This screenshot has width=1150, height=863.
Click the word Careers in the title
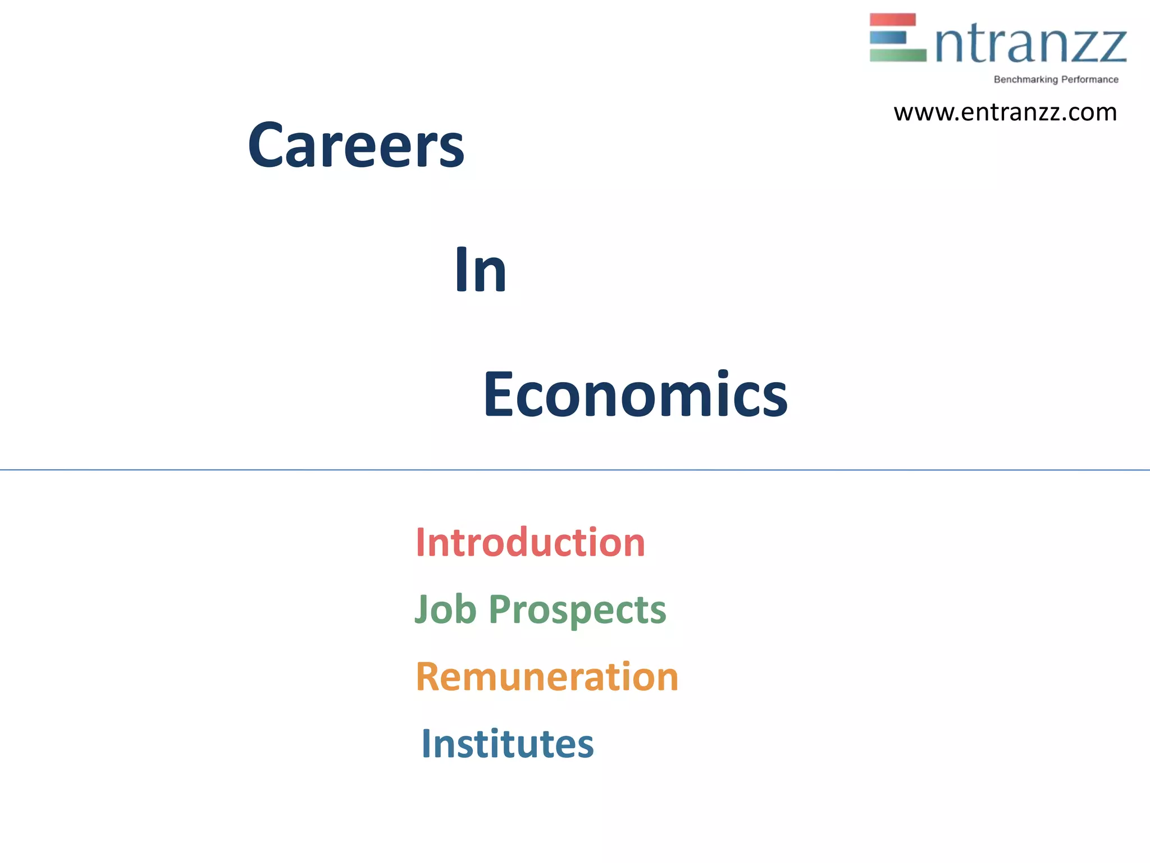click(356, 146)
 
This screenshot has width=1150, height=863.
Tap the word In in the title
click(480, 271)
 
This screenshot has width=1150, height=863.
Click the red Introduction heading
click(530, 543)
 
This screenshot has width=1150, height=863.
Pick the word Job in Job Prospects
click(445, 610)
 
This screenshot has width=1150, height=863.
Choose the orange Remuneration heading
click(547, 676)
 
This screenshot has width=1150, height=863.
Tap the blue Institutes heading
click(508, 744)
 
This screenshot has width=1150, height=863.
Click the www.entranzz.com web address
click(1005, 112)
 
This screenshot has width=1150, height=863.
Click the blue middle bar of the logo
click(888, 38)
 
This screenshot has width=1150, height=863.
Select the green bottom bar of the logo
click(897, 55)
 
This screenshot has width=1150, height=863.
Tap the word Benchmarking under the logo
click(1025, 80)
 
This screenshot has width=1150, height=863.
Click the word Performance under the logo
click(1090, 80)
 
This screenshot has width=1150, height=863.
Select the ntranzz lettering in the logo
click(1031, 45)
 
